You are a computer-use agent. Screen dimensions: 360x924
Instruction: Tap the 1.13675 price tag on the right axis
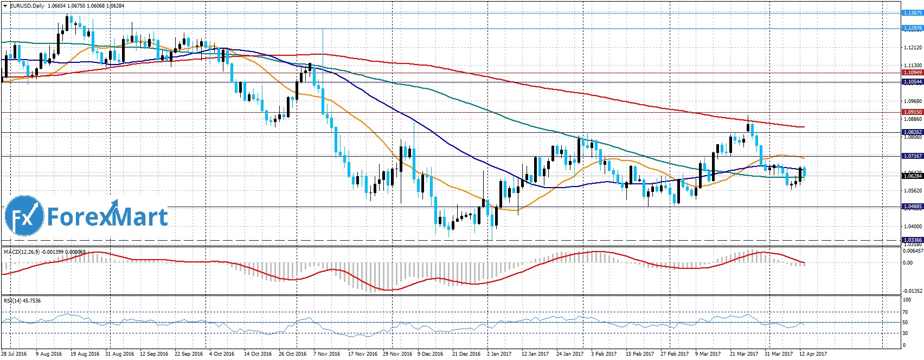pyautogui.click(x=912, y=12)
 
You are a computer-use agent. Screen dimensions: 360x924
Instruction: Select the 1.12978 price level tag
pyautogui.click(x=912, y=28)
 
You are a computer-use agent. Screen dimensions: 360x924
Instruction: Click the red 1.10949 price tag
pyautogui.click(x=912, y=73)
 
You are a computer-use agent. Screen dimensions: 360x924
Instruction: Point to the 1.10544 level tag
pyautogui.click(x=912, y=82)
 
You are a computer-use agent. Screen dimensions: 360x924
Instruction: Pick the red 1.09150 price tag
pyautogui.click(x=912, y=112)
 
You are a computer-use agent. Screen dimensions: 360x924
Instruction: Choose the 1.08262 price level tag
pyautogui.click(x=912, y=132)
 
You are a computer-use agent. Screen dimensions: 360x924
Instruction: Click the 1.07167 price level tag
pyautogui.click(x=912, y=156)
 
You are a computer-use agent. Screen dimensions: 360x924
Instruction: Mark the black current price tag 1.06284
pyautogui.click(x=912, y=176)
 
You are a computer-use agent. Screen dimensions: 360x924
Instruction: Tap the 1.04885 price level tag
pyautogui.click(x=912, y=207)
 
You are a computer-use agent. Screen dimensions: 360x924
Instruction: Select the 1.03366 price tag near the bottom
pyautogui.click(x=912, y=240)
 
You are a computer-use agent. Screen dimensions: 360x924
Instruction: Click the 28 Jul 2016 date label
pyautogui.click(x=14, y=354)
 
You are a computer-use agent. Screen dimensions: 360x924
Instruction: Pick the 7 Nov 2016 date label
pyautogui.click(x=327, y=354)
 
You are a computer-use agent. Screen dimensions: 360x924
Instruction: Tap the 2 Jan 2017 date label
pyautogui.click(x=499, y=354)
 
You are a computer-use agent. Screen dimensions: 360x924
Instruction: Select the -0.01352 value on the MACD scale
pyautogui.click(x=911, y=291)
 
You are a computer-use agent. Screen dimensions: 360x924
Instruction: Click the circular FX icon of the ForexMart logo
pyautogui.click(x=24, y=216)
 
